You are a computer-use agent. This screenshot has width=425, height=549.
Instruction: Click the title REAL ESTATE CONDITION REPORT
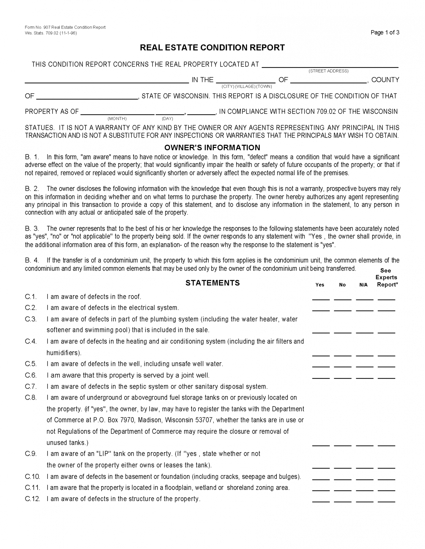click(212, 48)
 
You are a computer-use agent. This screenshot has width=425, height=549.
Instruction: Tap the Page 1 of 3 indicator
click(385, 33)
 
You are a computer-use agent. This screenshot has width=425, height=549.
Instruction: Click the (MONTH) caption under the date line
click(117, 119)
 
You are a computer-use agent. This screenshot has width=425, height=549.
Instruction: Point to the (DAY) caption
click(167, 119)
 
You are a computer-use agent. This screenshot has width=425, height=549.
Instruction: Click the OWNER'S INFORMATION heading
click(212, 148)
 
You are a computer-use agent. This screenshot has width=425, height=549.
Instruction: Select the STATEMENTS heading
click(212, 283)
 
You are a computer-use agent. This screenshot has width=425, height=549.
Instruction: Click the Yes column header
click(320, 285)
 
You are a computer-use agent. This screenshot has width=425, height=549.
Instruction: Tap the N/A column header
click(363, 285)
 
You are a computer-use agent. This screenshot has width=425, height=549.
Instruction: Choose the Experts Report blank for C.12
click(386, 501)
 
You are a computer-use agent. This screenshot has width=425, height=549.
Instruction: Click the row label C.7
click(31, 386)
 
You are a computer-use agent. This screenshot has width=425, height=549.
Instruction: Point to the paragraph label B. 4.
click(32, 260)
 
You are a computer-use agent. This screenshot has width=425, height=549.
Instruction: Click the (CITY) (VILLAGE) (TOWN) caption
click(247, 86)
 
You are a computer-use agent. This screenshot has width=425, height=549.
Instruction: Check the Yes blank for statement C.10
click(320, 478)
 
